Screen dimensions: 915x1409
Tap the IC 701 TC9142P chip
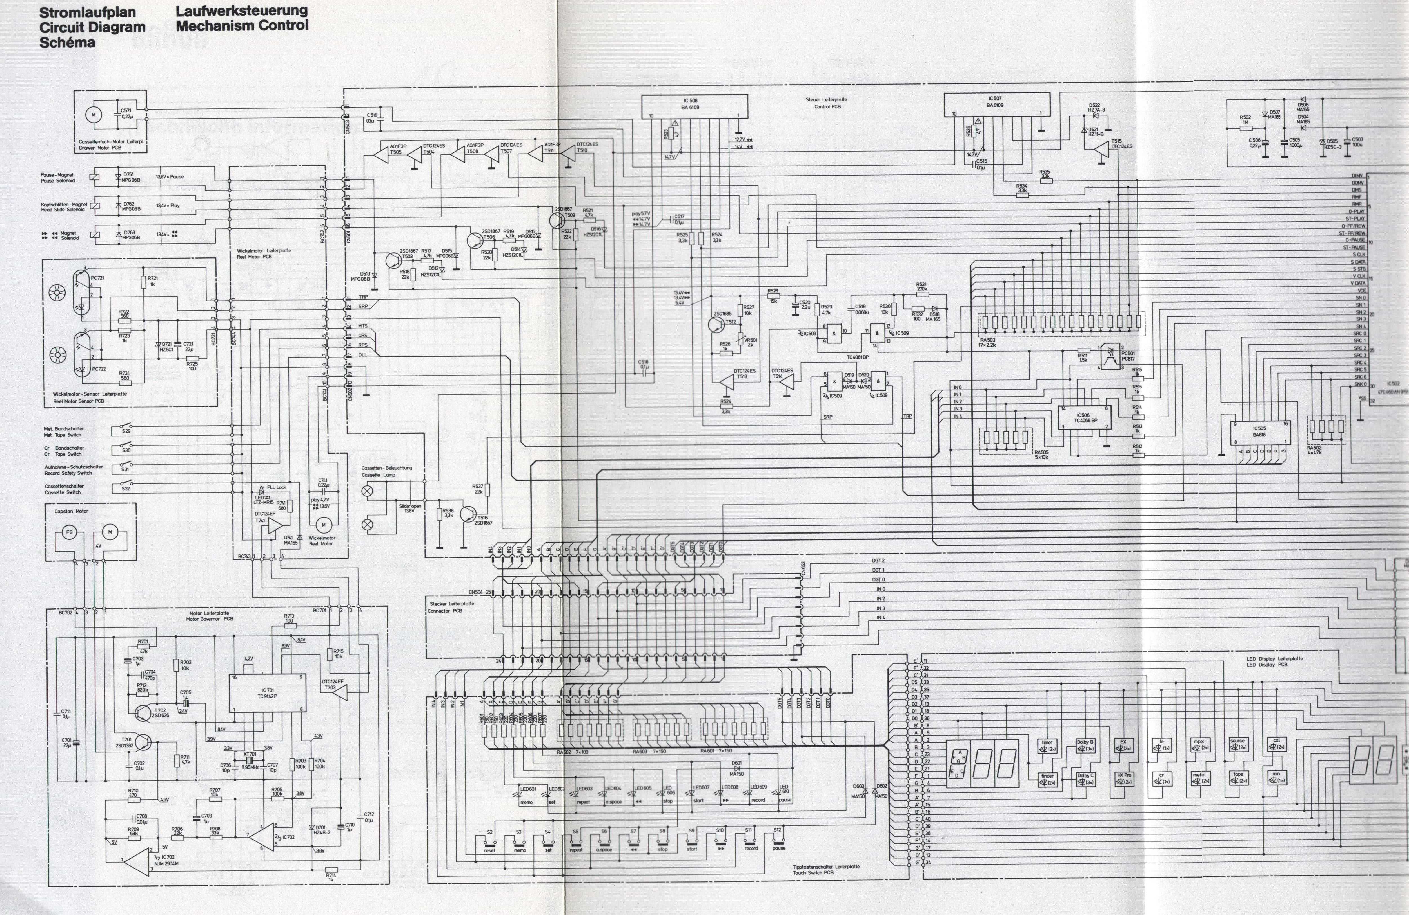[x=267, y=693]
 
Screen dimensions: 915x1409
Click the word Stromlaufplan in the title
[x=87, y=12]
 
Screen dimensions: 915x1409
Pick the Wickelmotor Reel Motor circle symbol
[x=323, y=525]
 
